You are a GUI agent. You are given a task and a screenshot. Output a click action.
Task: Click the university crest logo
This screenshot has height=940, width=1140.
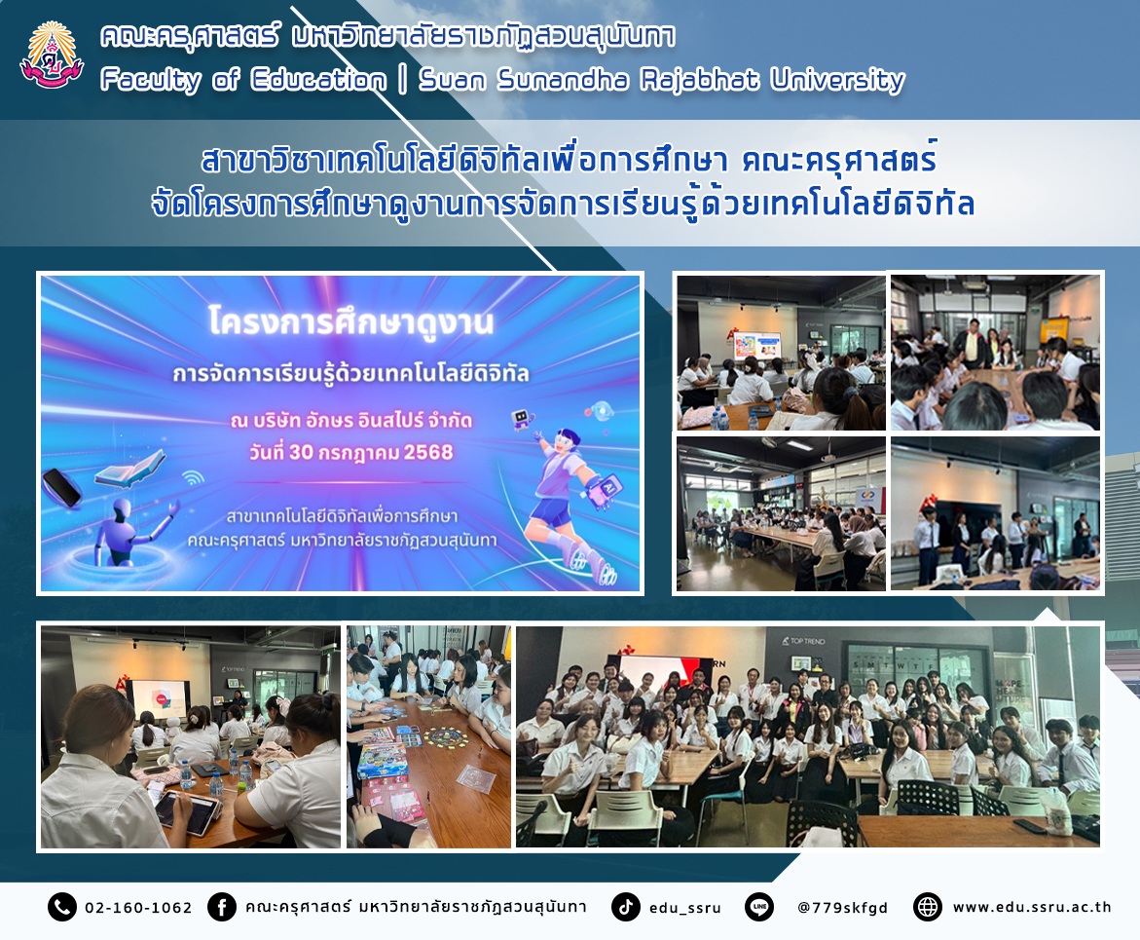51,56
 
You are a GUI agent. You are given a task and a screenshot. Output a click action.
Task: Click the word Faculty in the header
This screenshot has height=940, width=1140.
151,80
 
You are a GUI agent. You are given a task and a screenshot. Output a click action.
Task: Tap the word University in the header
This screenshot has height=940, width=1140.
837,80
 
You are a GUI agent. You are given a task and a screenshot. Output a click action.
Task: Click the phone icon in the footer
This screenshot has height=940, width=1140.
61,907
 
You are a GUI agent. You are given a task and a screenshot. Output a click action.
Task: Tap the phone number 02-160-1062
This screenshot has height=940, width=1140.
138,907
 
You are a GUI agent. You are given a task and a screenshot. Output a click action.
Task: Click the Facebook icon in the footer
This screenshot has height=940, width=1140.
222,907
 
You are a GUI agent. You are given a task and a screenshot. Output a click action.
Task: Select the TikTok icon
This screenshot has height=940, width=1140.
625,907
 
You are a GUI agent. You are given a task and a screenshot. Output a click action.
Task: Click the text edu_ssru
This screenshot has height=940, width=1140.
684,908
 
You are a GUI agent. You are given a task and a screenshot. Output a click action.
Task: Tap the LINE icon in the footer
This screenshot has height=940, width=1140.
759,907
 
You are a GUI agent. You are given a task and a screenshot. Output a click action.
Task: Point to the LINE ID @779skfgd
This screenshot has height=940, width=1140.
843,907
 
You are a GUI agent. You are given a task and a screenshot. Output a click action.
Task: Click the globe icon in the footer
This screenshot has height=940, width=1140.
928,907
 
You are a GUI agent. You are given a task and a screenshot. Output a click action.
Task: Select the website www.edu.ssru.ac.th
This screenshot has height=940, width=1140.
1032,907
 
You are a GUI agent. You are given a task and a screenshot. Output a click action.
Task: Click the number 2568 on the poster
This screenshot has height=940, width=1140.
428,453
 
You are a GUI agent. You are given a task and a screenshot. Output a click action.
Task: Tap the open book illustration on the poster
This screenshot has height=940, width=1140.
130,470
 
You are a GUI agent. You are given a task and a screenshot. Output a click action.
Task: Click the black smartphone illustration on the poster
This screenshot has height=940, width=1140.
61,487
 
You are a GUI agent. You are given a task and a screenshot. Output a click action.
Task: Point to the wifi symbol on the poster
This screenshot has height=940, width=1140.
194,477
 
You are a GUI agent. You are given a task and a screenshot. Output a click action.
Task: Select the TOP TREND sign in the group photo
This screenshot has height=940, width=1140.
803,641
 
